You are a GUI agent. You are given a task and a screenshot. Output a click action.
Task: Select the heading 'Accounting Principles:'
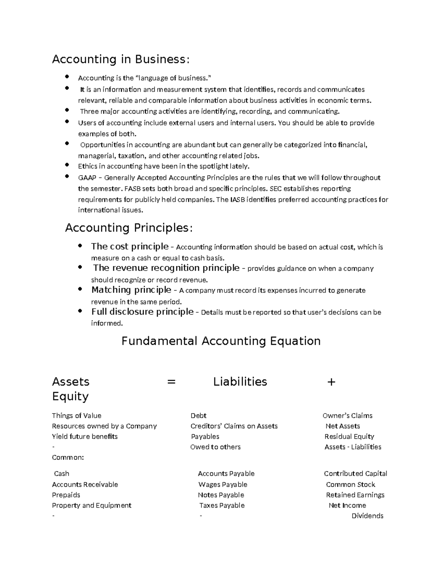coord(129,228)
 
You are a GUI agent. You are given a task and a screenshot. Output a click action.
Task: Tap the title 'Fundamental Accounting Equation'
coord(221,341)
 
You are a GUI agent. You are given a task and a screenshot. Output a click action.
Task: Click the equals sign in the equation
coord(171,382)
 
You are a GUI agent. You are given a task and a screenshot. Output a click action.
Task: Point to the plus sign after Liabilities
coord(331,382)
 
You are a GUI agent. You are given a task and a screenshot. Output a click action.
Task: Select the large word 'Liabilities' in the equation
coord(240,382)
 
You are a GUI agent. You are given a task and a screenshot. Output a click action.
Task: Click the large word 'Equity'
coord(70,397)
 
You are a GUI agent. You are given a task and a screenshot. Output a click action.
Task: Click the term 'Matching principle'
coord(131,290)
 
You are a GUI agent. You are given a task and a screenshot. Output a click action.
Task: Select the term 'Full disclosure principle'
coord(142,312)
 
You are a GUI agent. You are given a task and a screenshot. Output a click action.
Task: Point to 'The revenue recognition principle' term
coord(166,268)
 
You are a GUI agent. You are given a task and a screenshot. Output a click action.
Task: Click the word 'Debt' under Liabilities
coord(198,416)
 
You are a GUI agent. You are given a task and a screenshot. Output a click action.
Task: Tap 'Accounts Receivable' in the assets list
coord(85,485)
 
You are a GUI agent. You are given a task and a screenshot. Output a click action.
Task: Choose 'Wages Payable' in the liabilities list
coord(223,485)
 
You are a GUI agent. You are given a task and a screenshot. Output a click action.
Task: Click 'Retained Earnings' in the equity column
coord(355,495)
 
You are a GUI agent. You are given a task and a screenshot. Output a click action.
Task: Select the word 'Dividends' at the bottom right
coord(367,516)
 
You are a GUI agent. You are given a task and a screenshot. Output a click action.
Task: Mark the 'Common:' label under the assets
coord(68,458)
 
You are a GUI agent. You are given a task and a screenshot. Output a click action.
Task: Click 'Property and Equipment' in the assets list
coord(92,505)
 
